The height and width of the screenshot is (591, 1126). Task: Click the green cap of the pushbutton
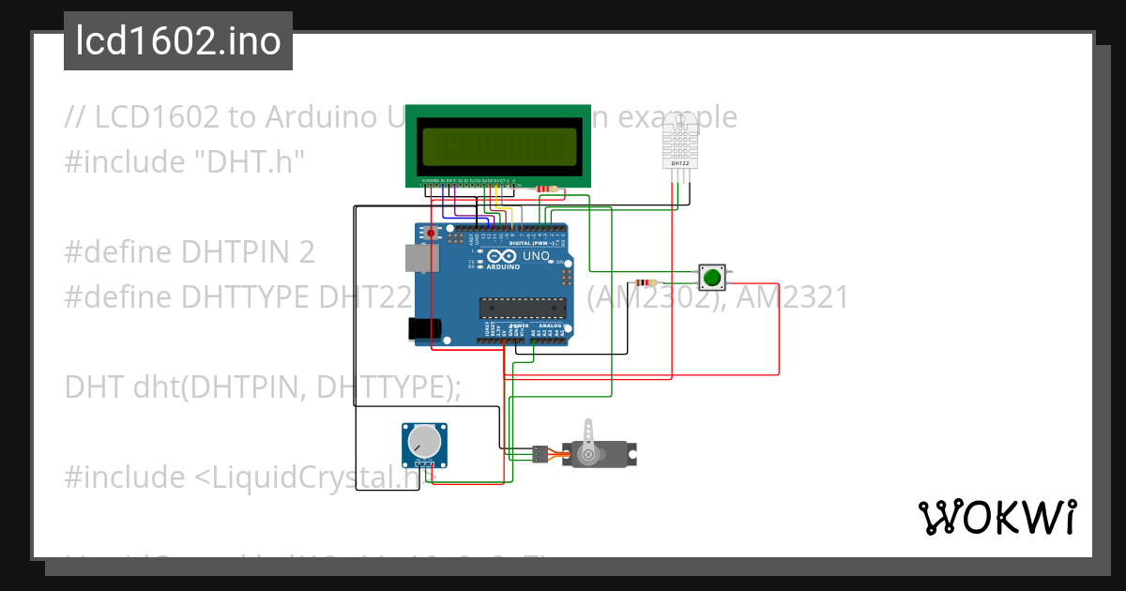712,278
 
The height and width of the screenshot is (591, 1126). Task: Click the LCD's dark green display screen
498,145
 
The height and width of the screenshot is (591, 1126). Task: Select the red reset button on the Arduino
431,233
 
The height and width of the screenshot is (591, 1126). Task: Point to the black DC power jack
423,327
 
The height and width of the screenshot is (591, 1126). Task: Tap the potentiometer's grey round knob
425,441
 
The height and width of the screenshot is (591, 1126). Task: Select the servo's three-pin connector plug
540,454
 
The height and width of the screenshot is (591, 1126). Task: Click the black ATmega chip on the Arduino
522,307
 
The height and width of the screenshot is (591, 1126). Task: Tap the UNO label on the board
536,256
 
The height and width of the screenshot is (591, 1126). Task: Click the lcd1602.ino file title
177,41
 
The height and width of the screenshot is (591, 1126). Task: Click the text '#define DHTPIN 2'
190,252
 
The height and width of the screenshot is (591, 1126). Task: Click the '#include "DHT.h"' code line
185,161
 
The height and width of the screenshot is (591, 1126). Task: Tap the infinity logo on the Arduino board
501,256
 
